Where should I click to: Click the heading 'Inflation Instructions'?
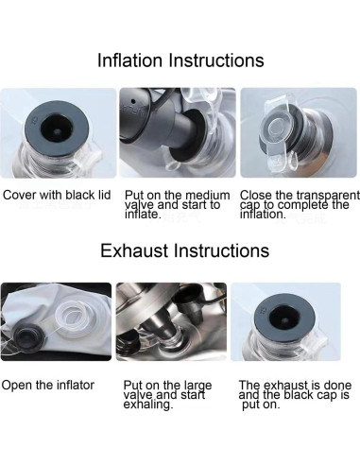coord(180,60)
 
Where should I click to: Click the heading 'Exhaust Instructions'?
coord(184,250)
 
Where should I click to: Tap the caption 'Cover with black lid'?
coord(57,195)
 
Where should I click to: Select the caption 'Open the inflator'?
coord(48,385)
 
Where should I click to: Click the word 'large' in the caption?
coord(197,386)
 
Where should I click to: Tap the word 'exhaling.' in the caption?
coord(148,405)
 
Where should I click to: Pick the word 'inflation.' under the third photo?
coord(263,215)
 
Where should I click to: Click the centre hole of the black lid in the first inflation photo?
coord(57,130)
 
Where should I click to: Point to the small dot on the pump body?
coord(133,101)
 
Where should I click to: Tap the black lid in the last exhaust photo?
coord(284,319)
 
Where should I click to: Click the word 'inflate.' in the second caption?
coord(143,215)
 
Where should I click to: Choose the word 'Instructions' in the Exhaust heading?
coord(222,250)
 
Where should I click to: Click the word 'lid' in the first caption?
coord(104,195)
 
